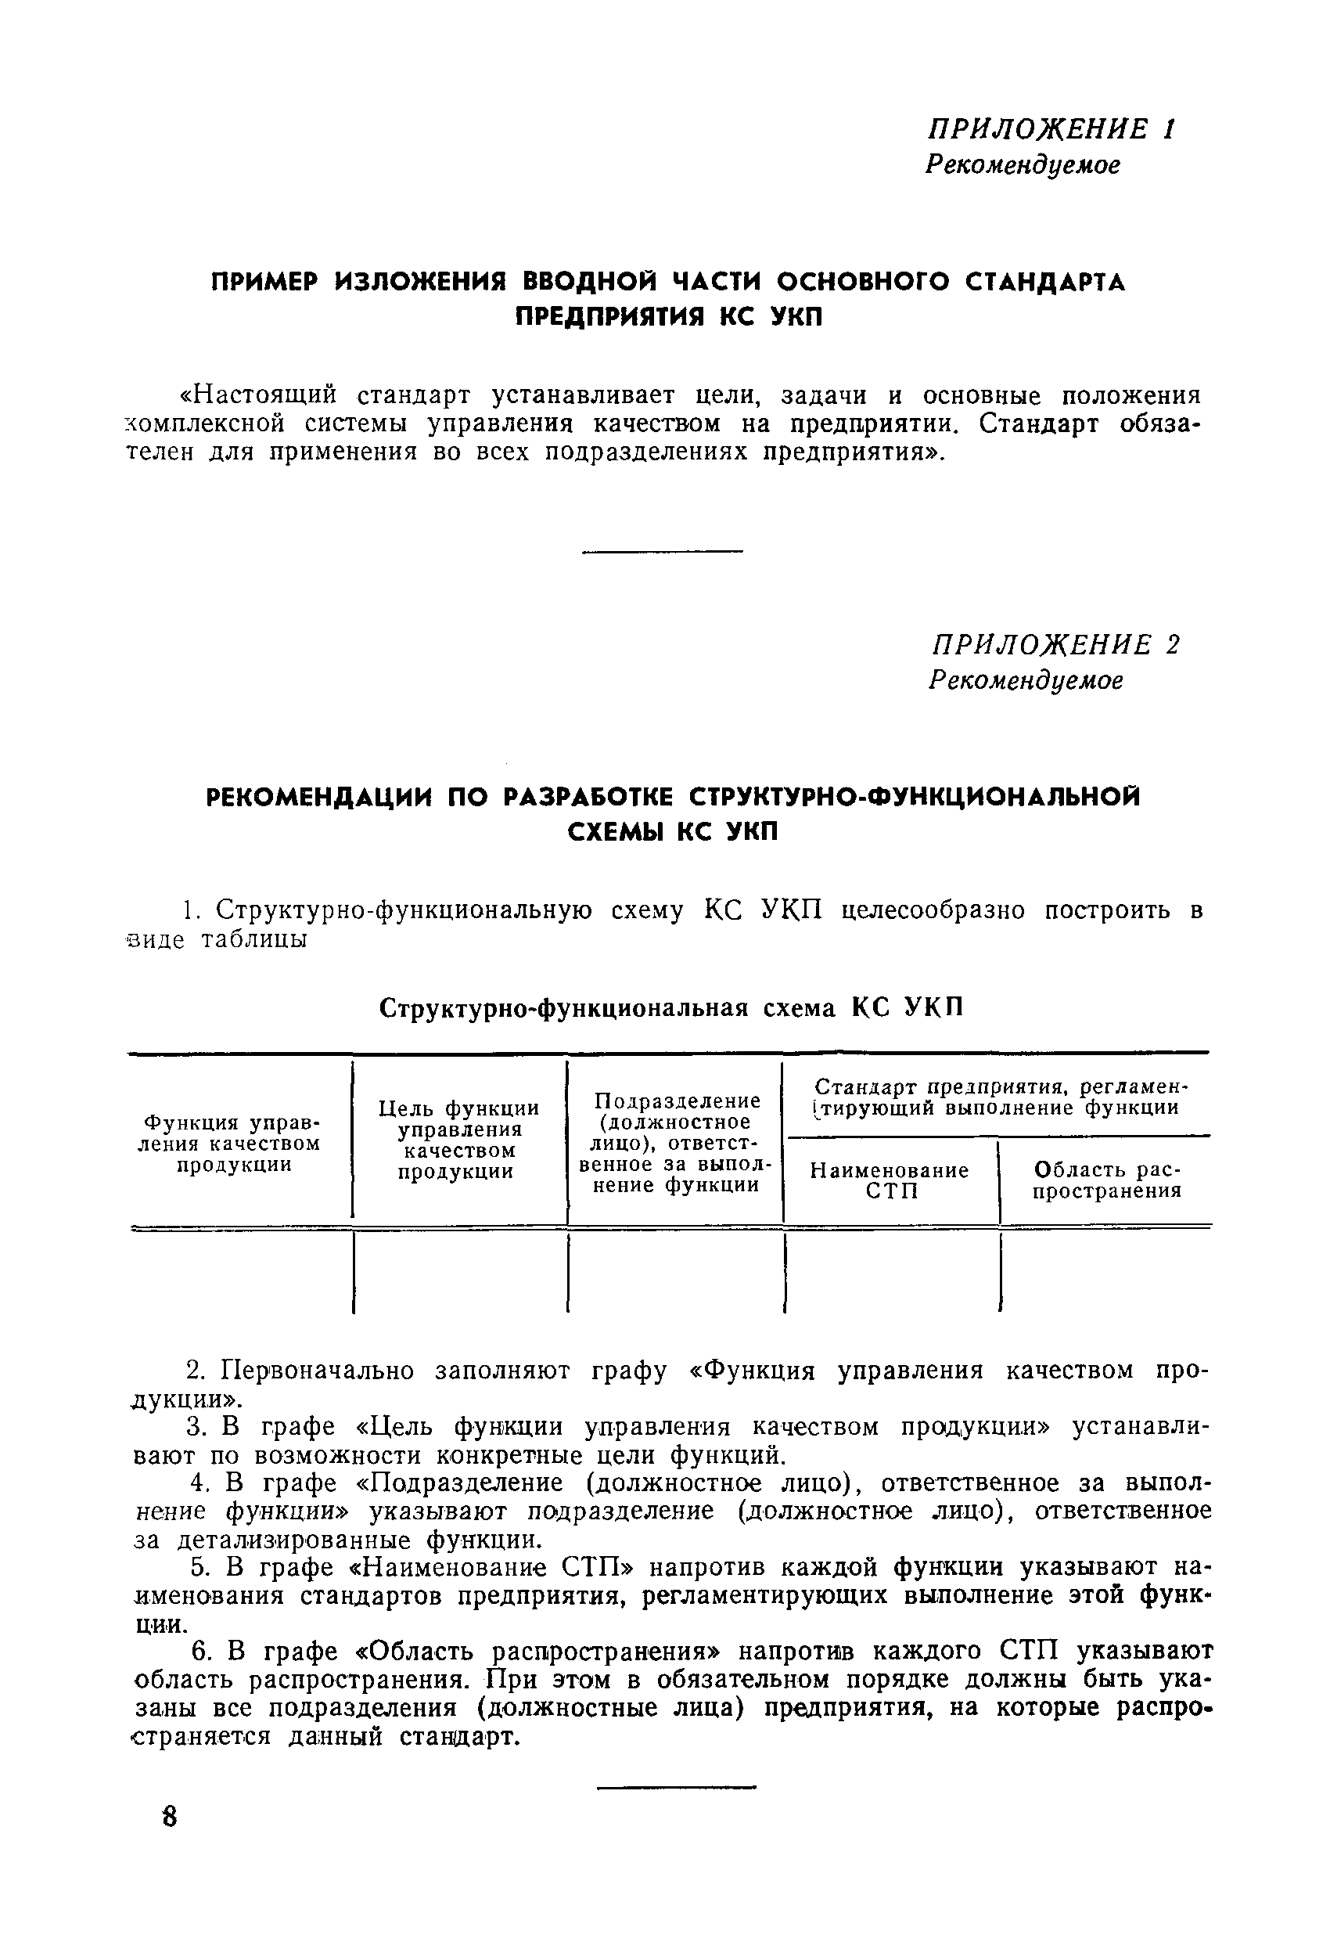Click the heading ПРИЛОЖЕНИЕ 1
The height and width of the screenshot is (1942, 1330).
(1051, 128)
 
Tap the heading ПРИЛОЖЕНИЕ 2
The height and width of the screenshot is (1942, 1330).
(1055, 644)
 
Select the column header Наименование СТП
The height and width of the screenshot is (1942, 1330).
(890, 1180)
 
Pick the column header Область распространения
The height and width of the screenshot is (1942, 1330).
(1107, 1180)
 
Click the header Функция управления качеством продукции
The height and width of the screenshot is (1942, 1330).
(233, 1143)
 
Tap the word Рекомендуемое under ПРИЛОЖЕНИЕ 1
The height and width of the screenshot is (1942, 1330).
(1022, 164)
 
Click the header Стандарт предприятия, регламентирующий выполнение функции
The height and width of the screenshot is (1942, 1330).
(999, 1097)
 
